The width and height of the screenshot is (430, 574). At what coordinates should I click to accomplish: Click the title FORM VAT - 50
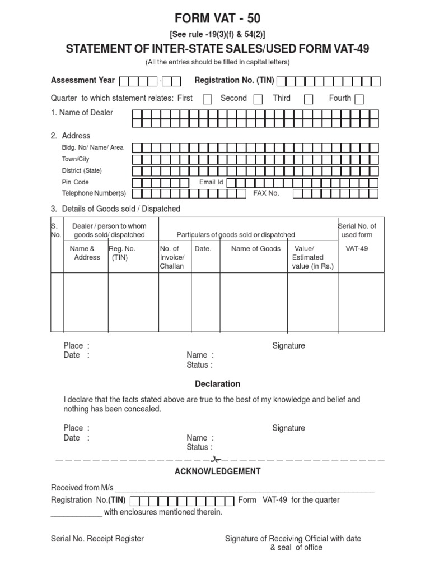218,18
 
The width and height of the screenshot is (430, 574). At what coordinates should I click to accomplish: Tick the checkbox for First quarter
207,99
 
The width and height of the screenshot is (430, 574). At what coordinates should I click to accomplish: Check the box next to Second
258,99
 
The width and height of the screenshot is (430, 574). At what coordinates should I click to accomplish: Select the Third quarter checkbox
309,99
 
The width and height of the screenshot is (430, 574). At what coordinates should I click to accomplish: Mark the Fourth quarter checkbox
359,99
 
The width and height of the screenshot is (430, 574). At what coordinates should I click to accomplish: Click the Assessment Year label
83,80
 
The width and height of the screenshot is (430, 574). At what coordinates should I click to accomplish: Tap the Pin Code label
75,182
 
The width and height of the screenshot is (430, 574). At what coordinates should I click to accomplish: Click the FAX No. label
266,193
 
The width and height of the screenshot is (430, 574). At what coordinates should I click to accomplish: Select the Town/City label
76,159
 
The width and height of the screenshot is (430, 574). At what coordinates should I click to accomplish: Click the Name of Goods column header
256,249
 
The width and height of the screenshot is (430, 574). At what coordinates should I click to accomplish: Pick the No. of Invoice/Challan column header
172,257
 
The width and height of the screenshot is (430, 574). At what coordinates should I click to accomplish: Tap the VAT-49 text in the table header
357,249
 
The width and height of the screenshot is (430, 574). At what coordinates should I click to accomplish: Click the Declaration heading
217,384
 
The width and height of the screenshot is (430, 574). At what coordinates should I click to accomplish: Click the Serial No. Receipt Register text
97,539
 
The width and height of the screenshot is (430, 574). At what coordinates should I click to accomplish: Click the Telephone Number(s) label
94,193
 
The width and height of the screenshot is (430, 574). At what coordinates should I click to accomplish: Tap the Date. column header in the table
203,249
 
